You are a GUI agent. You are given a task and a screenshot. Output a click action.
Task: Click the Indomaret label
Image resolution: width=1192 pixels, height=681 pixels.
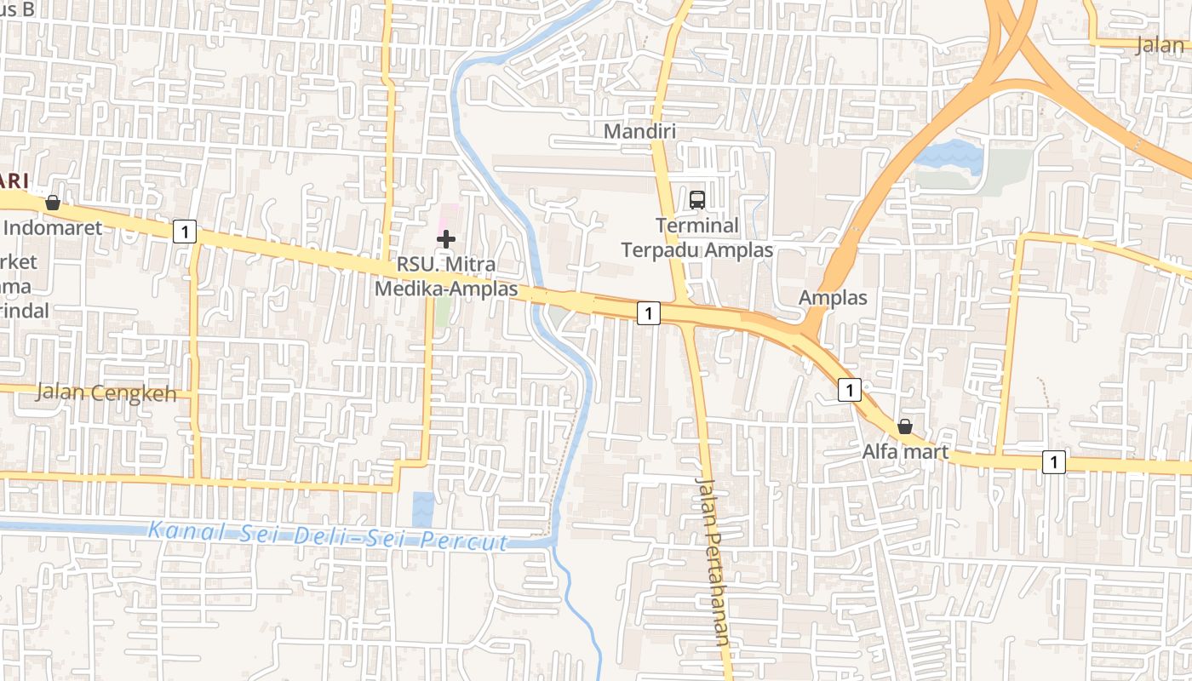click(x=53, y=227)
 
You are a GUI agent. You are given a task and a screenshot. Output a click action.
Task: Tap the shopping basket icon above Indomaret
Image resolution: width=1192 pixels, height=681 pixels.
click(x=53, y=203)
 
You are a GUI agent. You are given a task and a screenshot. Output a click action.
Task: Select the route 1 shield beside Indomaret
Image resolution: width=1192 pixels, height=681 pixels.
click(x=185, y=231)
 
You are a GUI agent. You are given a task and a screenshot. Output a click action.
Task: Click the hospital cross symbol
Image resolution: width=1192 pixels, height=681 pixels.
click(x=446, y=239)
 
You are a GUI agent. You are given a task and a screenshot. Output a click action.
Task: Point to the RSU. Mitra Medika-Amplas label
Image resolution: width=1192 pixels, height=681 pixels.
click(x=446, y=277)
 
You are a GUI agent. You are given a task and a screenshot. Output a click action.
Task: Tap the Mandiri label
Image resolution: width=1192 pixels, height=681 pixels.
click(x=639, y=131)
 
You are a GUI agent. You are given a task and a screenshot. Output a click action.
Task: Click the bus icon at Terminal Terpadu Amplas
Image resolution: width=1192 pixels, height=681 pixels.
click(x=697, y=200)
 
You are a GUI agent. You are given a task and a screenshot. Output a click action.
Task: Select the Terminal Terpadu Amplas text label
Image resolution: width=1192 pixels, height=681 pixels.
click(x=697, y=237)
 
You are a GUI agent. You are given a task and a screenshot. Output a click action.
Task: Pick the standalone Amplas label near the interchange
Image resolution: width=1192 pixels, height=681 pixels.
click(x=833, y=298)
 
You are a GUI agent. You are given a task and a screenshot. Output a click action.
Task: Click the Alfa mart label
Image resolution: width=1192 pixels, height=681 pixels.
click(x=905, y=451)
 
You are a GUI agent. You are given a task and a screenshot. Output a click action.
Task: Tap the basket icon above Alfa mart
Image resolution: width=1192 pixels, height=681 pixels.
click(x=905, y=426)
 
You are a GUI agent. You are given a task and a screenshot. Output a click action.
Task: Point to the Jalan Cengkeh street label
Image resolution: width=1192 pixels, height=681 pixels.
click(x=106, y=393)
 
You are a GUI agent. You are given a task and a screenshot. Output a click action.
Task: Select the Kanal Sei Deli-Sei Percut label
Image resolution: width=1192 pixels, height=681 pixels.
click(x=328, y=536)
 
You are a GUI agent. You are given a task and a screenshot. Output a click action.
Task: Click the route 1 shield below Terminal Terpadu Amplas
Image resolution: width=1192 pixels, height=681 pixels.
click(x=649, y=313)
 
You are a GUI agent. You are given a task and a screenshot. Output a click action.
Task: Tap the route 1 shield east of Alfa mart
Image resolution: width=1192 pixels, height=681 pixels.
click(x=1054, y=462)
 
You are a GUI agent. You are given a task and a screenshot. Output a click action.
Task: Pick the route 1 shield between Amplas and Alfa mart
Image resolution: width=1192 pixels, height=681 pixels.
click(x=849, y=390)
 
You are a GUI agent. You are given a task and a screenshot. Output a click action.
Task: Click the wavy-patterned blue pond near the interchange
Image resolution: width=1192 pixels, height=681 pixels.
click(x=948, y=157)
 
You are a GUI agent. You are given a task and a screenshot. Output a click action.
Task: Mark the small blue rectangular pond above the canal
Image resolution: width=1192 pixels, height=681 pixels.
click(x=423, y=509)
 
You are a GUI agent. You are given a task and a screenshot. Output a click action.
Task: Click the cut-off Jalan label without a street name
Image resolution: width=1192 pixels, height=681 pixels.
click(x=1163, y=45)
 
